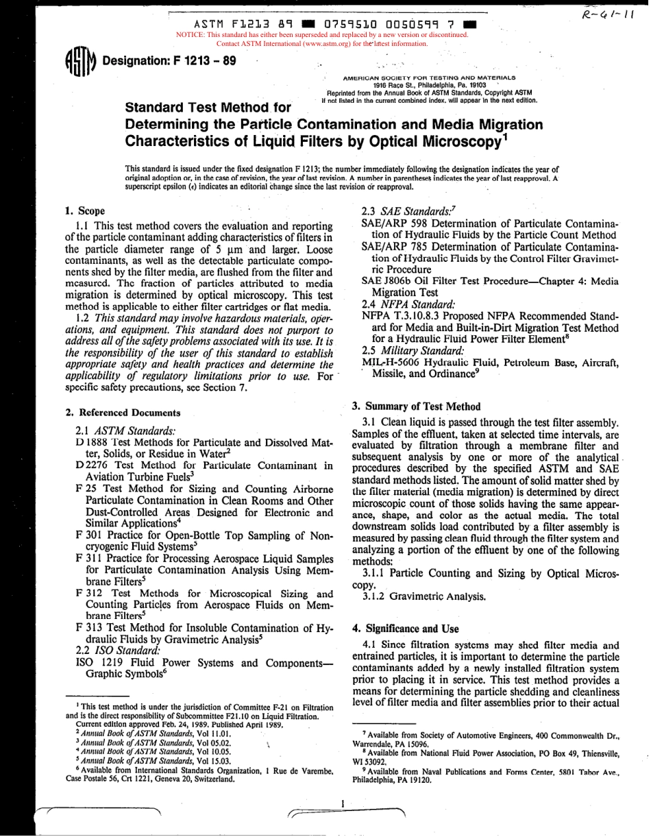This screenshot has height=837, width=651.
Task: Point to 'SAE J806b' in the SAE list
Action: coord(386,281)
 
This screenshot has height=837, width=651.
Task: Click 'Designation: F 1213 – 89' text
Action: coord(169,60)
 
